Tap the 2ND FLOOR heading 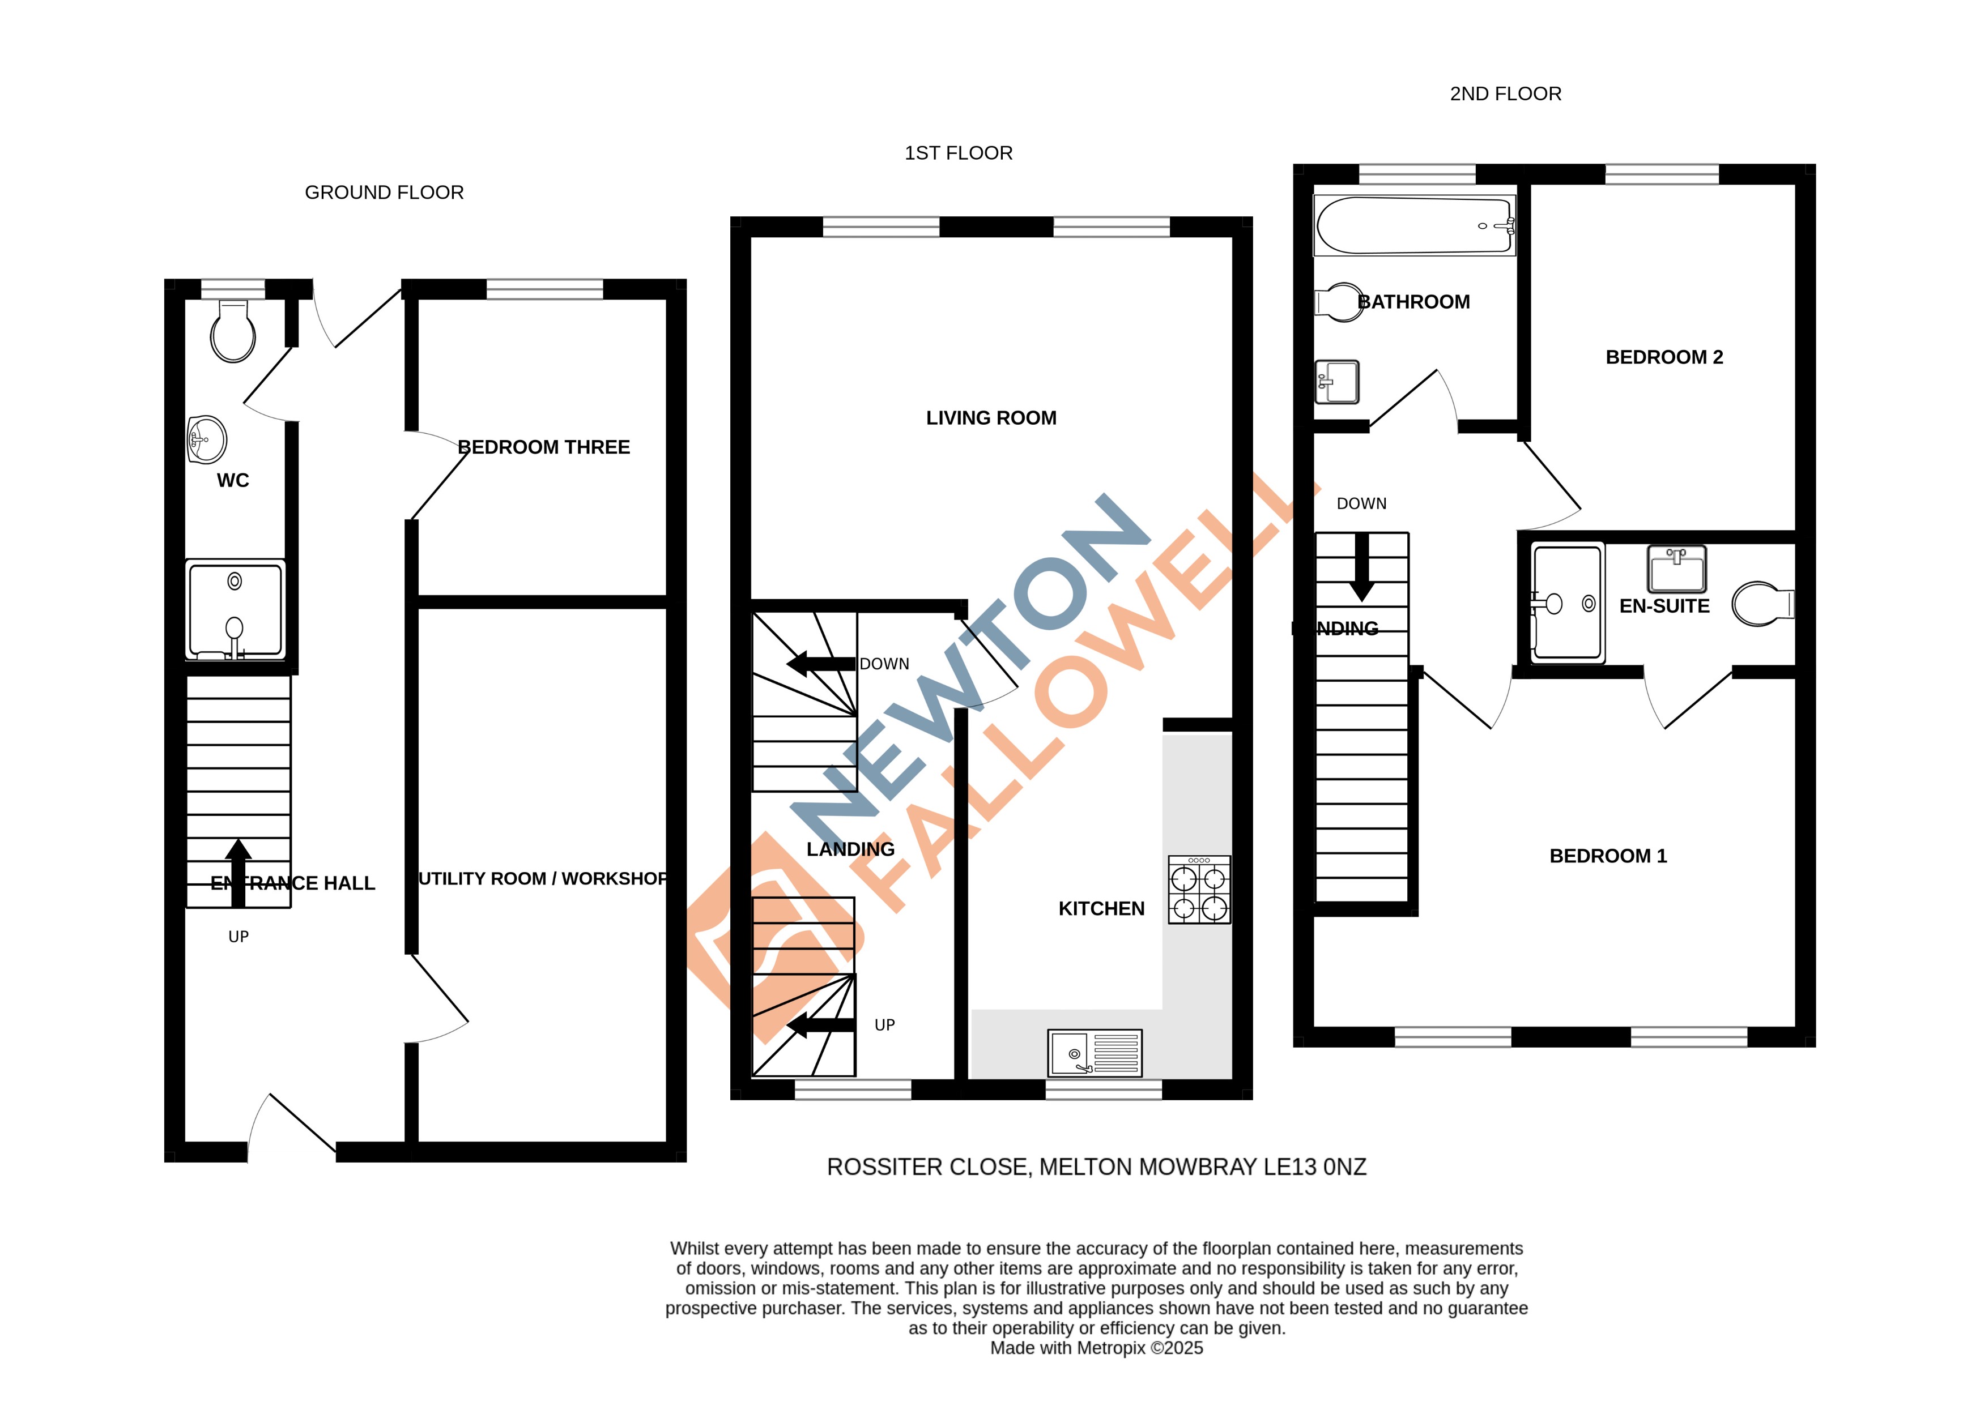(x=1505, y=94)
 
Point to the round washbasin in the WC (x=207, y=439)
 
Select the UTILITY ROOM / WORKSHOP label (x=543, y=879)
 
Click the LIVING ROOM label (x=991, y=418)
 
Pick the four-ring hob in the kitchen (x=1199, y=890)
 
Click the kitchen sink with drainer (x=1095, y=1053)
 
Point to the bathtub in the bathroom (x=1414, y=226)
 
